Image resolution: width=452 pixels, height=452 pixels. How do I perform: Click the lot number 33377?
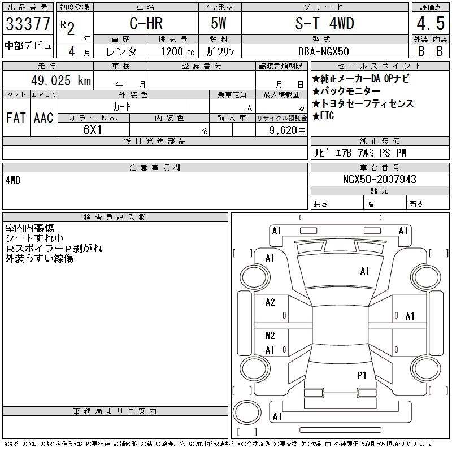click(x=28, y=24)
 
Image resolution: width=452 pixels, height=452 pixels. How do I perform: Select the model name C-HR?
click(x=146, y=23)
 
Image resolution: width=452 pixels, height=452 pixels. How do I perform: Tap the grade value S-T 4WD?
click(x=324, y=23)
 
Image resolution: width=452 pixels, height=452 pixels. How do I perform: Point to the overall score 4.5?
click(x=431, y=23)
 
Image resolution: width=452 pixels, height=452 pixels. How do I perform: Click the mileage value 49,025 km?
click(x=61, y=80)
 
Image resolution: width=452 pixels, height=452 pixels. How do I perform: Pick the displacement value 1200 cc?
click(x=177, y=51)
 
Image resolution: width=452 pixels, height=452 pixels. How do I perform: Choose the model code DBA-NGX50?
click(x=323, y=51)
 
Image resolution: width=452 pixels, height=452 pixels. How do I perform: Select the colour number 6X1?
click(x=93, y=130)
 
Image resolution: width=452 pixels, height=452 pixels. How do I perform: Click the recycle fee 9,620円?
click(x=287, y=131)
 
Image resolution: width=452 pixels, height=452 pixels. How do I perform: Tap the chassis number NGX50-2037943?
click(x=379, y=179)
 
